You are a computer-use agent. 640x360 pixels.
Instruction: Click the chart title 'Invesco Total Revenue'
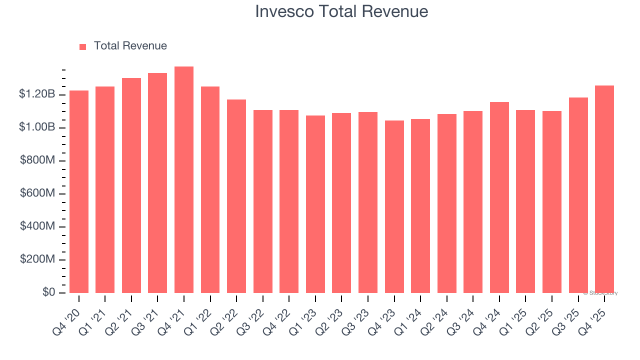pos(341,11)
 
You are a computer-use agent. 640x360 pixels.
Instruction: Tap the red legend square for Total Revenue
pos(83,46)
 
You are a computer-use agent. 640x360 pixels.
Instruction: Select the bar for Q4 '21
pos(184,180)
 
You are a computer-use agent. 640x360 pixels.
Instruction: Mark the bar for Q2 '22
pos(236,196)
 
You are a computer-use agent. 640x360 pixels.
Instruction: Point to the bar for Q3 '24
pos(473,202)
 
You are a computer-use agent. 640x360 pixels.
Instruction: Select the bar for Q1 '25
pos(525,201)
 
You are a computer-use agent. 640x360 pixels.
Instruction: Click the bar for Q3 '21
pos(157,183)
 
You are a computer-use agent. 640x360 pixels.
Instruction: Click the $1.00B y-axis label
pos(37,127)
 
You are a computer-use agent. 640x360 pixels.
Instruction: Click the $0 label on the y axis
pos(48,292)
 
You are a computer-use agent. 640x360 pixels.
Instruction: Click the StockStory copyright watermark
pos(600,293)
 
